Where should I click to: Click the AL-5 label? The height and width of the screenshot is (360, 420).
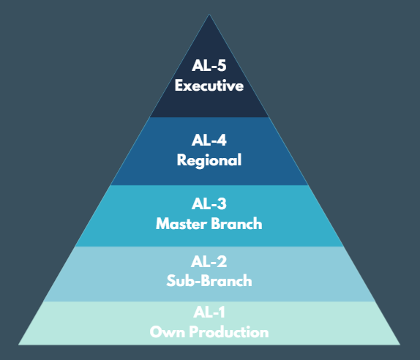pyautogui.click(x=209, y=65)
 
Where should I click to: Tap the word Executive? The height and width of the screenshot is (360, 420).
pyautogui.click(x=209, y=86)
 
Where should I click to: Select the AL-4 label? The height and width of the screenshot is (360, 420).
pyautogui.click(x=209, y=140)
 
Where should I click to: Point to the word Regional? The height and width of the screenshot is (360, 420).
pyautogui.click(x=209, y=161)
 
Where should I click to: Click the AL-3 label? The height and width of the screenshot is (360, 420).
pyautogui.click(x=209, y=203)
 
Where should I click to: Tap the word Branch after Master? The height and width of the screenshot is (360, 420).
pyautogui.click(x=236, y=224)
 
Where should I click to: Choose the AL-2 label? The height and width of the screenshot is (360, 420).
pyautogui.click(x=209, y=261)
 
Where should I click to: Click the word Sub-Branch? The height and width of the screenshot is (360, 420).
pyautogui.click(x=209, y=281)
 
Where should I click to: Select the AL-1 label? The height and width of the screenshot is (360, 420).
pyautogui.click(x=209, y=312)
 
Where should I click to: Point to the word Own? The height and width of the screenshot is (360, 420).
pyautogui.click(x=168, y=332)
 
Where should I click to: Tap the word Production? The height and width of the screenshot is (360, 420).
pyautogui.click(x=229, y=332)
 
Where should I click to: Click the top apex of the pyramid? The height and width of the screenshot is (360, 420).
pyautogui.click(x=209, y=14)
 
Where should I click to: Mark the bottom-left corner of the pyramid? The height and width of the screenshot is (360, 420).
pyautogui.click(x=18, y=345)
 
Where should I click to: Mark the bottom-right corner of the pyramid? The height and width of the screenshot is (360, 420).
pyautogui.click(x=400, y=345)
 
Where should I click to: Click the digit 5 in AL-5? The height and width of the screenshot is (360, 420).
pyautogui.click(x=222, y=66)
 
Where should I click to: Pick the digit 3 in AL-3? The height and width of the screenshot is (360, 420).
pyautogui.click(x=222, y=204)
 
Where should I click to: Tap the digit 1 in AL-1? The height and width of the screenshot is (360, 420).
pyautogui.click(x=221, y=312)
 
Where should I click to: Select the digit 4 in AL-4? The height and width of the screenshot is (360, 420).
pyautogui.click(x=222, y=140)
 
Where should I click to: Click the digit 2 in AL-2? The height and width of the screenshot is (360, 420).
pyautogui.click(x=222, y=261)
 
